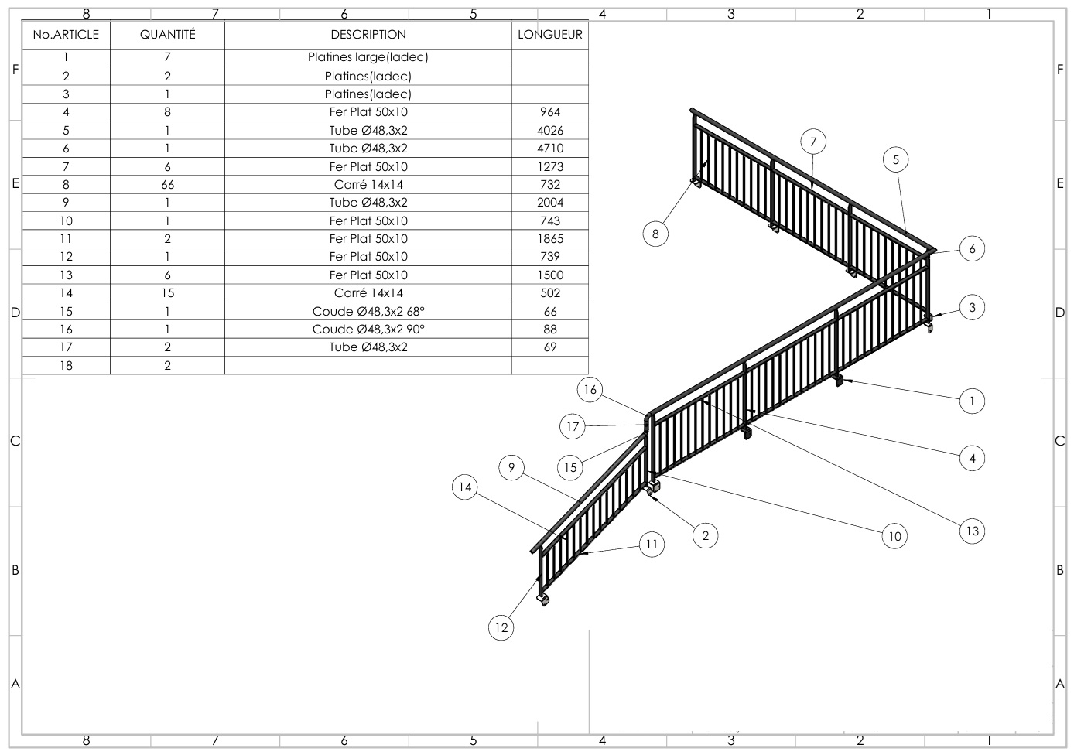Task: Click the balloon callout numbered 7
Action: point(813,142)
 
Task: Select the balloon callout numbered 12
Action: point(501,627)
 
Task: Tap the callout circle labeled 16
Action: point(590,390)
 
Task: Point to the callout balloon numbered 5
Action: point(896,160)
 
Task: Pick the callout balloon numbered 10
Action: point(894,536)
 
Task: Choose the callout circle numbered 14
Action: point(465,487)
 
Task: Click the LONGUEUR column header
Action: point(550,35)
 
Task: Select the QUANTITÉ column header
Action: point(167,35)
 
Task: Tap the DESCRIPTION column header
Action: point(368,35)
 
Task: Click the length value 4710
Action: point(550,149)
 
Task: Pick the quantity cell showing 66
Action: point(167,185)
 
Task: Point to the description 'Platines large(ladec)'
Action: point(368,57)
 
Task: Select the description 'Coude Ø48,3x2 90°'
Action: point(368,330)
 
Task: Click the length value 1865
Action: point(550,239)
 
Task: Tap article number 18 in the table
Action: point(66,366)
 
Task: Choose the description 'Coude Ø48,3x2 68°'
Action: point(368,312)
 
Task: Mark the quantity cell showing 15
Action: point(167,293)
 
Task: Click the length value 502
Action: point(550,293)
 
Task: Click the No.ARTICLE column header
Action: point(66,35)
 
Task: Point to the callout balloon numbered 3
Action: point(973,307)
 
